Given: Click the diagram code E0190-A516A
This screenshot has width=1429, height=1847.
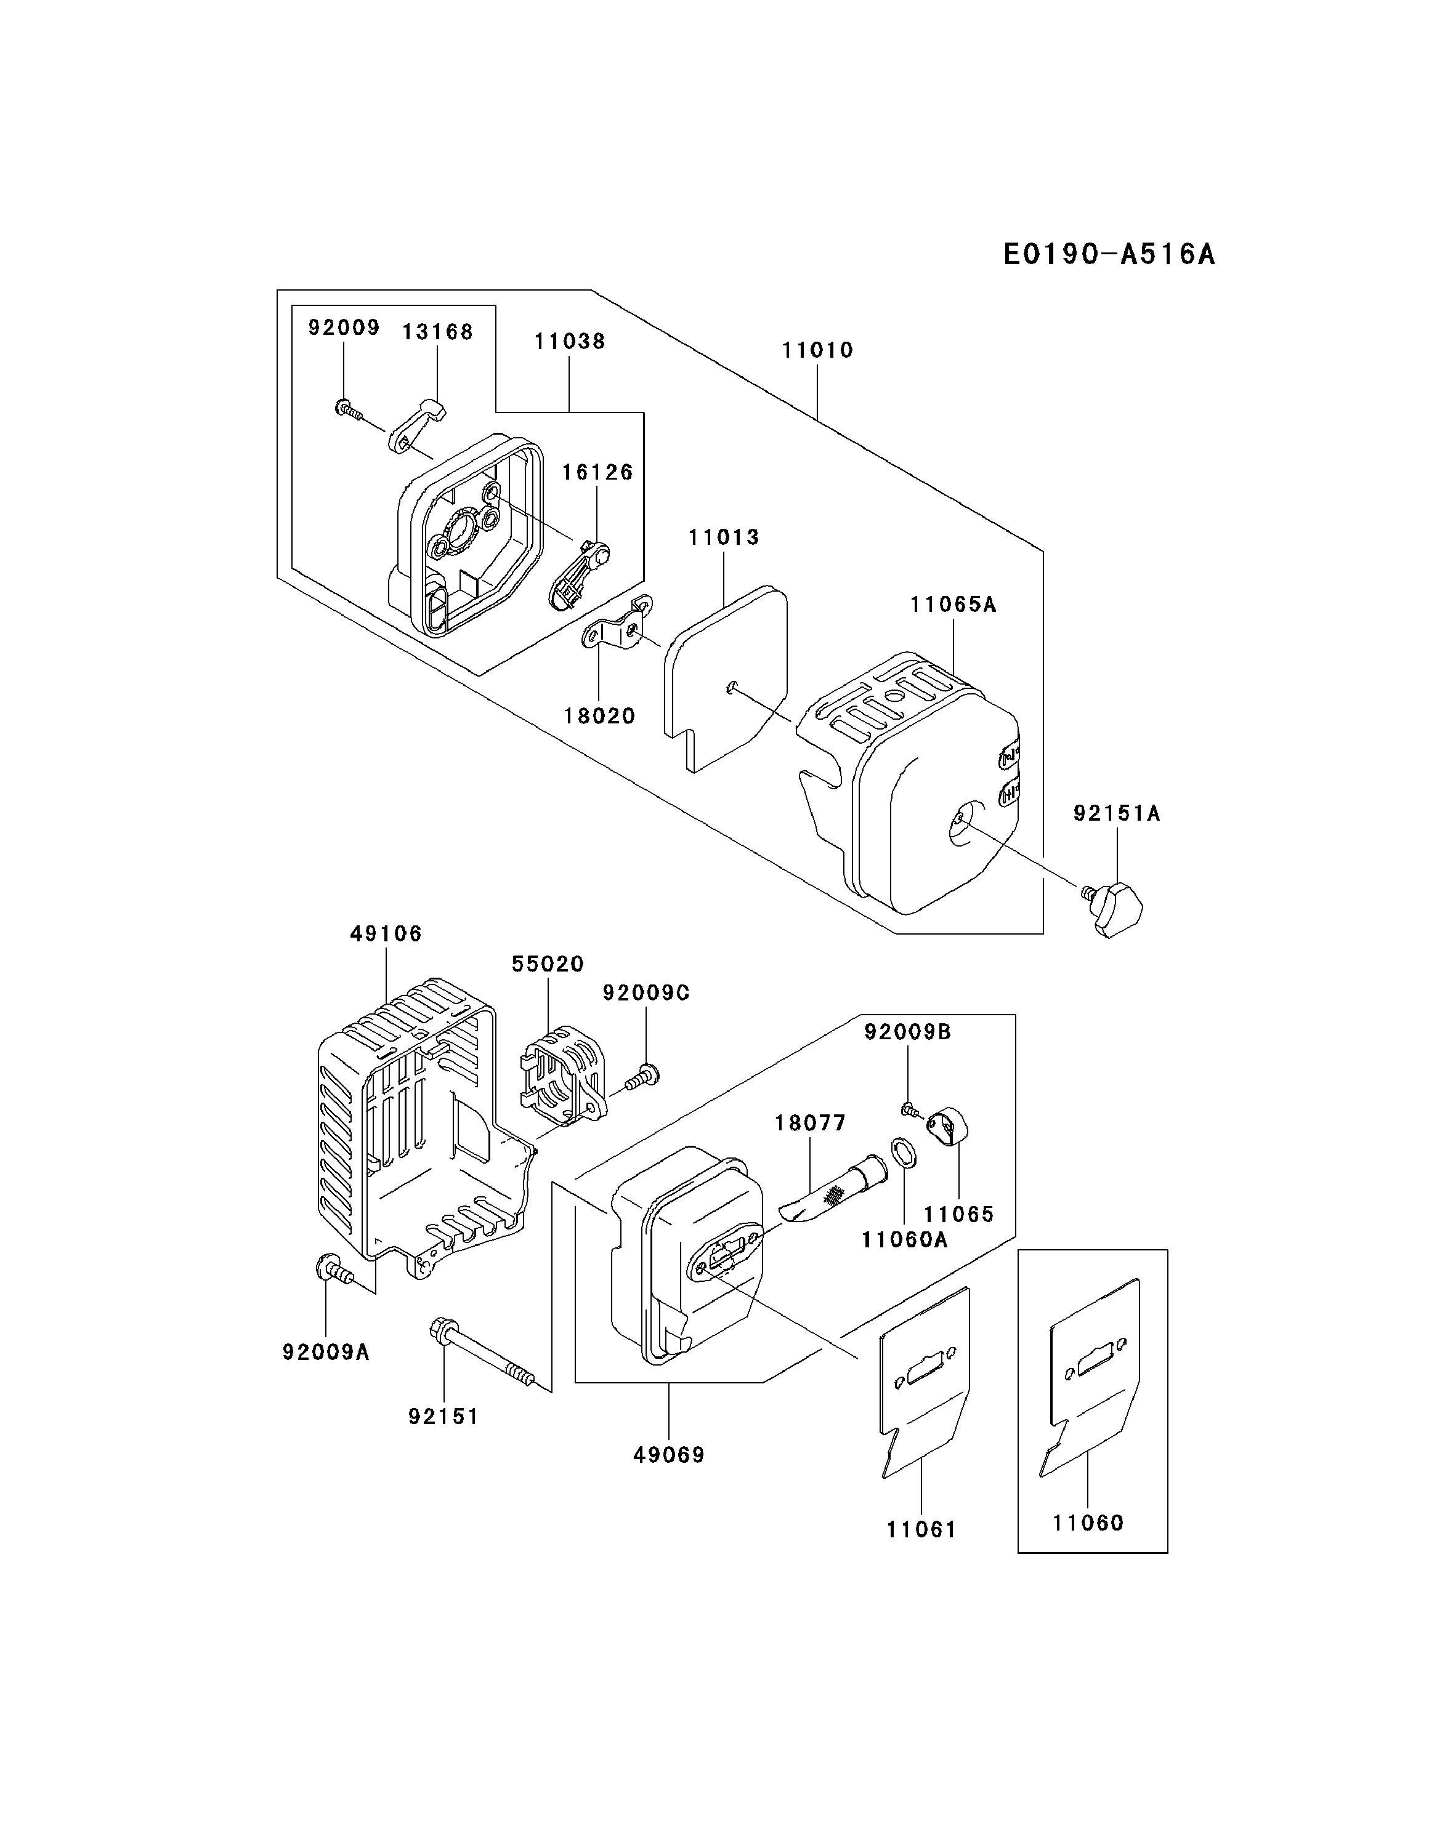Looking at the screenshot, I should [1108, 254].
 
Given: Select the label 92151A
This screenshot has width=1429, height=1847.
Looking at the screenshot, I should [1117, 813].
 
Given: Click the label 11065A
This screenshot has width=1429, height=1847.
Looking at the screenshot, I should [953, 605].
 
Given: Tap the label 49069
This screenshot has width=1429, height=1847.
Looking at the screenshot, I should [668, 1455].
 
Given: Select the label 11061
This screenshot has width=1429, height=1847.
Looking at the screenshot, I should [921, 1530].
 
